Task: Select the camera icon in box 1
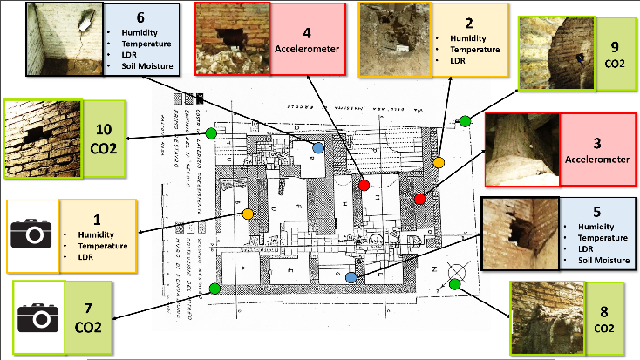32,234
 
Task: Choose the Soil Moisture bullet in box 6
140,66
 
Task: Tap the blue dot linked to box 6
318,148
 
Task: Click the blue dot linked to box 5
351,277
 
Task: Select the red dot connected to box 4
364,184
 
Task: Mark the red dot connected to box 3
420,199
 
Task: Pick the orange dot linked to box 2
439,162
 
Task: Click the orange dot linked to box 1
248,214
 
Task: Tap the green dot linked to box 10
224,131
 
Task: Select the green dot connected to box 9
465,120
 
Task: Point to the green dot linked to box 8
454,283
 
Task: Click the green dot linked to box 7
214,288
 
